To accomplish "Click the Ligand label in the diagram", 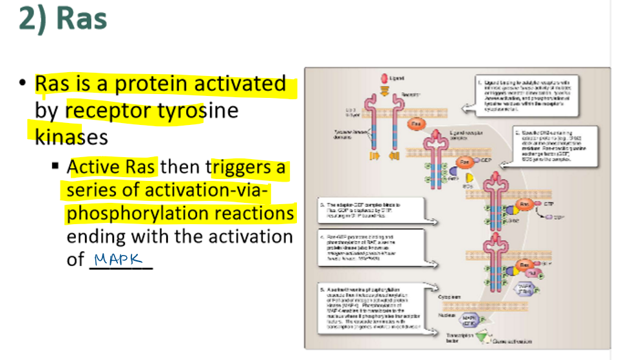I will (x=398, y=78).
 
